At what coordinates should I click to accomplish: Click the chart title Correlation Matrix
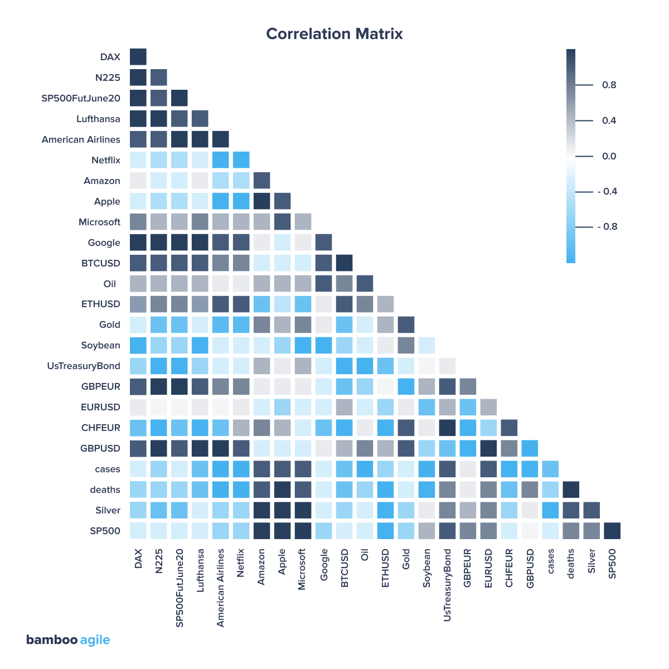(x=334, y=34)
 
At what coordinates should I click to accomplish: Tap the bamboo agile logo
(x=68, y=640)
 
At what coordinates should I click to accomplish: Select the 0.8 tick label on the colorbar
(x=609, y=85)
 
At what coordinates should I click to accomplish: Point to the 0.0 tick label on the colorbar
(x=609, y=157)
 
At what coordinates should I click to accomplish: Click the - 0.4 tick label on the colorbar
(x=607, y=192)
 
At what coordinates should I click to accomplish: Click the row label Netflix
(x=105, y=161)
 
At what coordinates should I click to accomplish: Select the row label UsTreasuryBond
(x=84, y=366)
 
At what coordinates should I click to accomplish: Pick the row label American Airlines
(x=81, y=140)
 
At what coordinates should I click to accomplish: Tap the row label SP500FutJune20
(x=81, y=99)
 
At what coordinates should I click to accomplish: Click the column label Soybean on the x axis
(x=427, y=568)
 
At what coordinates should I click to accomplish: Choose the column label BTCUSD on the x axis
(x=345, y=568)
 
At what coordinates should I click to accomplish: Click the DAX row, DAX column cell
(x=138, y=57)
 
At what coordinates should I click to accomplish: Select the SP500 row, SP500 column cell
(x=612, y=531)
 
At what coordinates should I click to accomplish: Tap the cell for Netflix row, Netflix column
(x=241, y=160)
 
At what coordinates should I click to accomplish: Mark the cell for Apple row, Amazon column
(x=262, y=201)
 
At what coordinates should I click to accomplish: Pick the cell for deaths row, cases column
(x=551, y=489)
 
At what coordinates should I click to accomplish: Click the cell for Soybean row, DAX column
(x=138, y=345)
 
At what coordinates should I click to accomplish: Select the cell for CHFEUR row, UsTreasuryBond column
(x=448, y=428)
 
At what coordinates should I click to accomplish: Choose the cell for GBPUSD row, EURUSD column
(x=489, y=448)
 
